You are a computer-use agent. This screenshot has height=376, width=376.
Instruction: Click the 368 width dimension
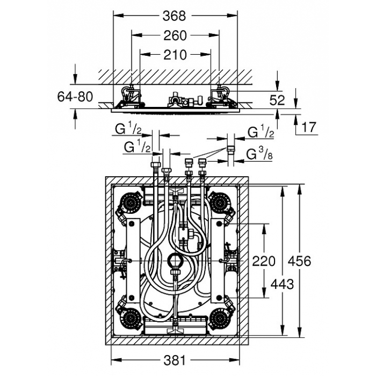tap(175, 16)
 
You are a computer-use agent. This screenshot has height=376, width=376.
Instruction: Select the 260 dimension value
tap(175, 35)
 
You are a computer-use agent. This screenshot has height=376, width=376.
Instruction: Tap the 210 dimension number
tap(175, 55)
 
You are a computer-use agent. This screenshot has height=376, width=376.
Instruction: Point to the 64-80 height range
tap(75, 97)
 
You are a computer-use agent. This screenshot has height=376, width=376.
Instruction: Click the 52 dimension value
tap(277, 100)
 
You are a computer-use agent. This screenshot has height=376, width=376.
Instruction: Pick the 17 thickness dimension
tap(309, 127)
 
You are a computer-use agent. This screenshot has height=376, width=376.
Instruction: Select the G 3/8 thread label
tap(259, 154)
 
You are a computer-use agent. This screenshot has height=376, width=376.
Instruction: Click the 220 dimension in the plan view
tap(264, 261)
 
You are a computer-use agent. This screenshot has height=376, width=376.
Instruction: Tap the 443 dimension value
tap(282, 284)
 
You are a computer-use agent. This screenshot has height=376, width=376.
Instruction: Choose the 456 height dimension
tap(300, 261)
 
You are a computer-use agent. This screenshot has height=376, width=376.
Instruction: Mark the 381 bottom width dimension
tap(175, 360)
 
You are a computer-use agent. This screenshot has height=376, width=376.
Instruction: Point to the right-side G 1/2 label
tap(261, 132)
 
